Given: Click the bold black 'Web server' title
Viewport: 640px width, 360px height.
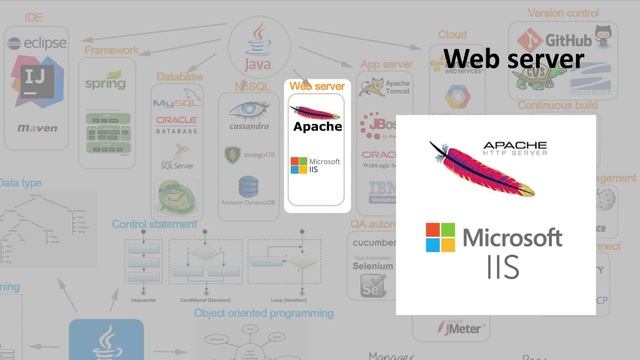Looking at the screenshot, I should (x=513, y=59).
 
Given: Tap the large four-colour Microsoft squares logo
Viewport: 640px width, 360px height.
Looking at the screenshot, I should (x=440, y=238).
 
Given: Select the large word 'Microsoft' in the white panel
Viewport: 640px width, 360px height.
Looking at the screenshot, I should (x=512, y=239).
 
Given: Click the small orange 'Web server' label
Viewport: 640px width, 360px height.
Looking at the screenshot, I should (x=317, y=87).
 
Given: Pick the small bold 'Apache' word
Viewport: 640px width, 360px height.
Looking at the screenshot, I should (x=317, y=127).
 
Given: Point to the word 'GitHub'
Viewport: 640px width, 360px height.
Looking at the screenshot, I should (x=568, y=41).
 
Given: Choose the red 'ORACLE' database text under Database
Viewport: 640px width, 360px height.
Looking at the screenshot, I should (x=177, y=121).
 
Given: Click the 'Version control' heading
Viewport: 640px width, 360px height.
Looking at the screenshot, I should (x=564, y=14).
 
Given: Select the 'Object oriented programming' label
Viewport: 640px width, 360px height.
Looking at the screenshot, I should (x=264, y=313).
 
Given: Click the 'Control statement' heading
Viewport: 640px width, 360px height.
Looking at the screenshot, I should (x=155, y=225).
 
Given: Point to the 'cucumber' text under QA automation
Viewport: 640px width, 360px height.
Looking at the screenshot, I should (x=372, y=242).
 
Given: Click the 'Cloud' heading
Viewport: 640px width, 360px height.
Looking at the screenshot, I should (x=452, y=34).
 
